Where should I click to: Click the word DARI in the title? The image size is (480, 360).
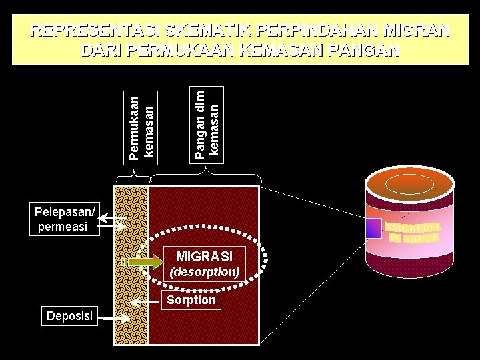(x=101, y=50)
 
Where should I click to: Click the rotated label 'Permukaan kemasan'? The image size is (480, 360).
(x=141, y=127)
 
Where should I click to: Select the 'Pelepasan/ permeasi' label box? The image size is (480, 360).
(x=65, y=221)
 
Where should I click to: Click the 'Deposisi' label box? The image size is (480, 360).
(x=69, y=315)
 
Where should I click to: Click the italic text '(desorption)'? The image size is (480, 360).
(x=204, y=272)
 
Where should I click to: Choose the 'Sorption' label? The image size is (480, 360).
(x=191, y=300)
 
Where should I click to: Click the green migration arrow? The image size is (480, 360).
(x=144, y=261)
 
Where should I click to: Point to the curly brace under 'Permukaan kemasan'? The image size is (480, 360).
(x=133, y=177)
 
